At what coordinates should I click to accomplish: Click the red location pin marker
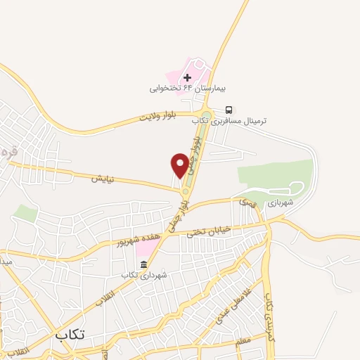coord(180,165)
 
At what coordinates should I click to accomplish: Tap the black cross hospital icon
coord(187,77)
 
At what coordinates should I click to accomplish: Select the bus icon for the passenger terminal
coord(229,110)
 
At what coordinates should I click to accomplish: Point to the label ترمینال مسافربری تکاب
coord(231,121)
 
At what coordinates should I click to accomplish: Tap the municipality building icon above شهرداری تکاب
coord(144,264)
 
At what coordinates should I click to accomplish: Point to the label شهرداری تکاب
coord(144,275)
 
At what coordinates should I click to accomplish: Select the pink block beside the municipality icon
coord(146,248)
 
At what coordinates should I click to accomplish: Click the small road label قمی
coord(246,202)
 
